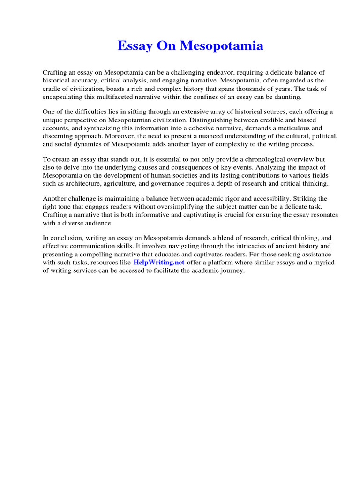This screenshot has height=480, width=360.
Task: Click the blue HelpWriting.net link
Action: [159, 262]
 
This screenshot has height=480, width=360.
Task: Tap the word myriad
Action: [323, 262]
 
